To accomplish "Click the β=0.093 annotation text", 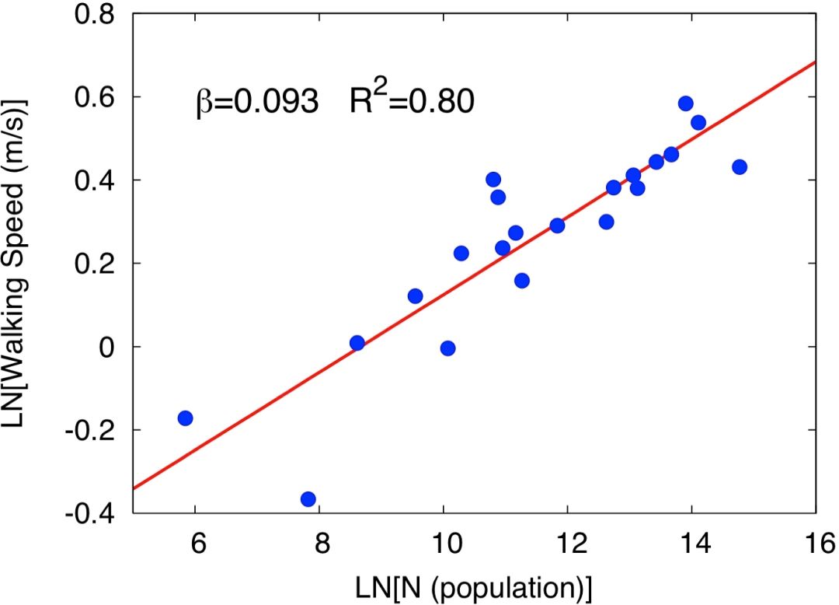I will tap(256, 103).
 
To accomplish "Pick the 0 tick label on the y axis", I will tap(106, 347).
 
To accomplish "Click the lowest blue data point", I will tap(308, 498).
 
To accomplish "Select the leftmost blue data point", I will tap(185, 418).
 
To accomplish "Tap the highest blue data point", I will tap(685, 103).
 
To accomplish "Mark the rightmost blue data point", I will tap(740, 167).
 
